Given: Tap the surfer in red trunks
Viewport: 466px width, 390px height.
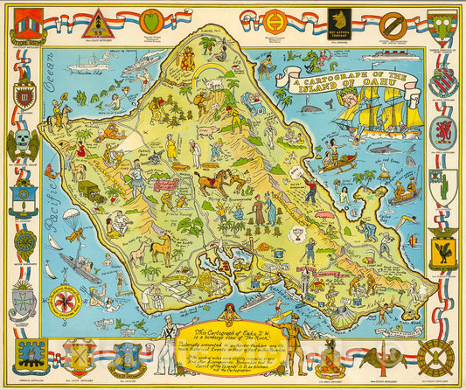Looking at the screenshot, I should (279, 310).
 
